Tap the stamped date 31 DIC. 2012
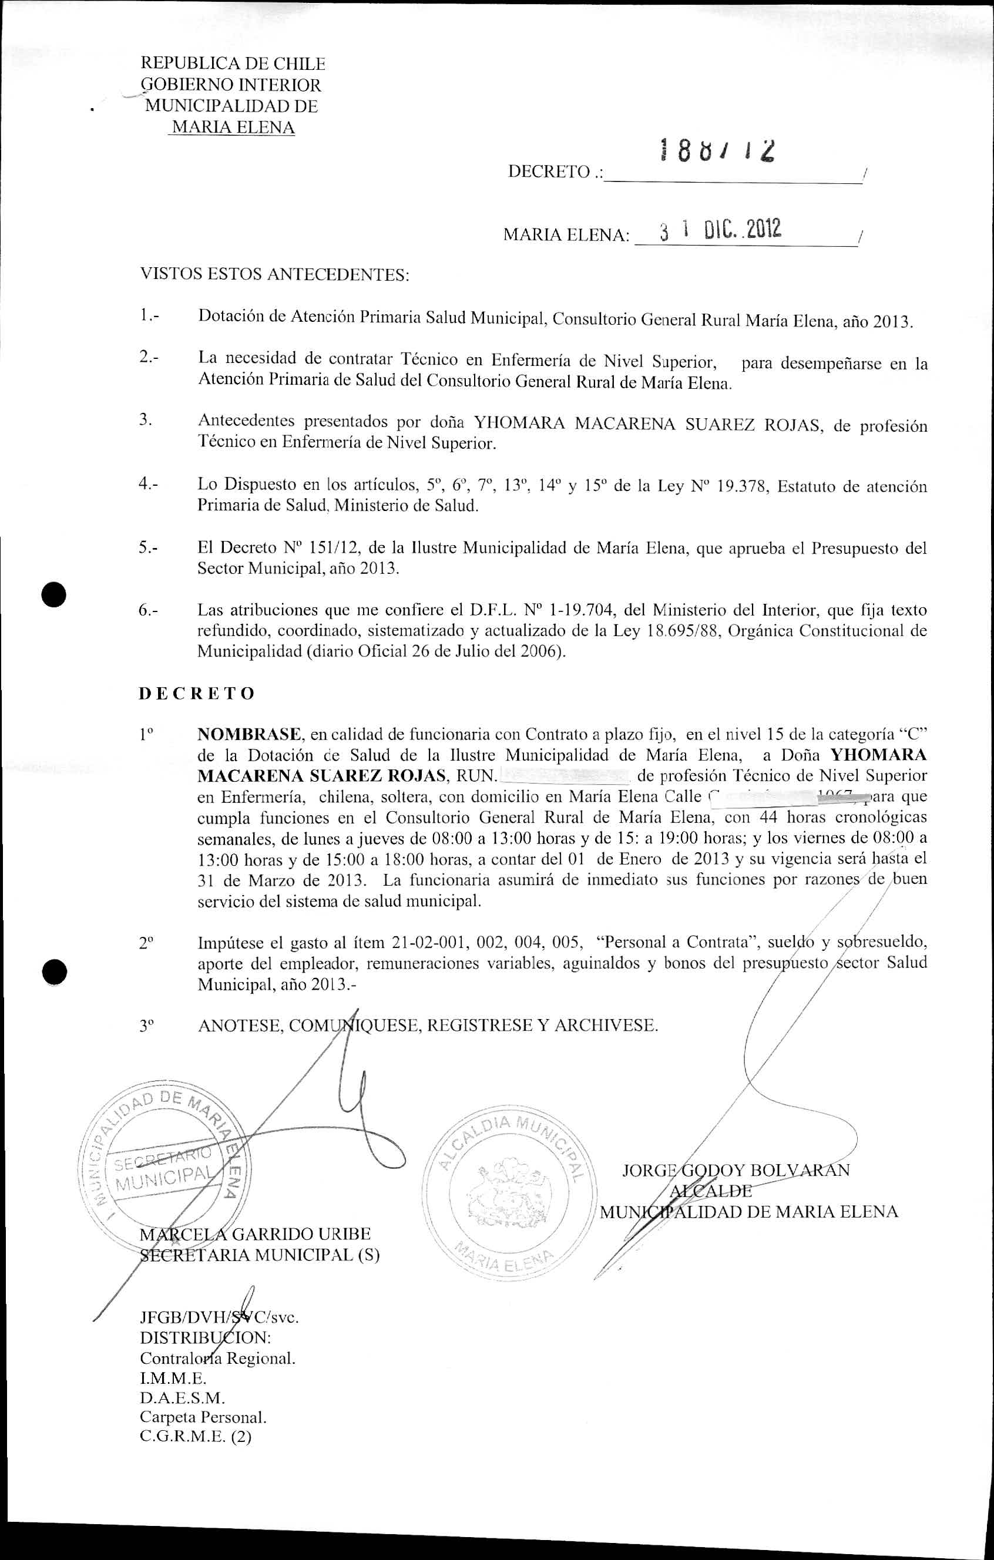(721, 230)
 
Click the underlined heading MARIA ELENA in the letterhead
(232, 127)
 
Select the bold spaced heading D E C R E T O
(197, 693)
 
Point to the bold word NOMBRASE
(249, 734)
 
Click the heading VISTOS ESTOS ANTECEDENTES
(275, 275)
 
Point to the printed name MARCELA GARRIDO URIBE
(256, 1234)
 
